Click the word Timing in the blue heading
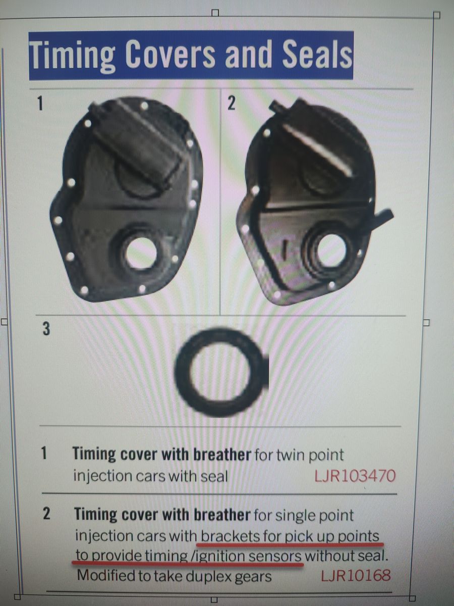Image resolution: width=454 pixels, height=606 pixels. (x=73, y=55)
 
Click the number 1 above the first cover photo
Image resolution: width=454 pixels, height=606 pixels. (x=40, y=104)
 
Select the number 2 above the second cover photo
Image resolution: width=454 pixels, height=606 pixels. (x=231, y=104)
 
